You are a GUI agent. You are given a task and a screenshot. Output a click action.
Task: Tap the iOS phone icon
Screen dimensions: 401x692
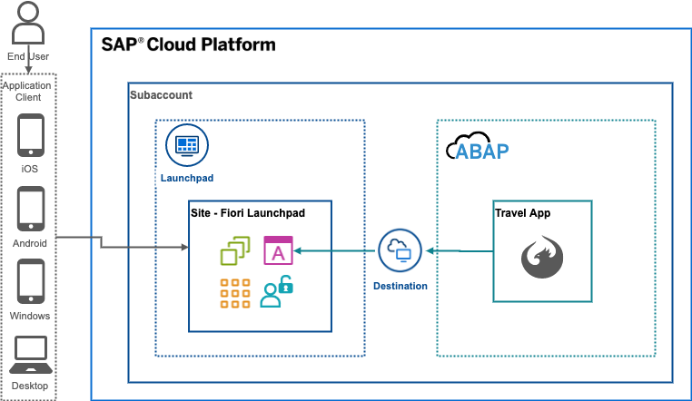[x=31, y=136]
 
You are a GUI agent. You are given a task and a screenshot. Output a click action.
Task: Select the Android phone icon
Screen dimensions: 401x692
[x=31, y=210]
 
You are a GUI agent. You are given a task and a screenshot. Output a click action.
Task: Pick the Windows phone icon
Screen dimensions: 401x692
[x=31, y=283]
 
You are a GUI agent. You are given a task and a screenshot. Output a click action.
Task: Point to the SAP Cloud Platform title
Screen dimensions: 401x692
[x=188, y=44]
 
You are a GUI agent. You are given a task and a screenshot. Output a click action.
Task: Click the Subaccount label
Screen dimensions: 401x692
[x=161, y=95]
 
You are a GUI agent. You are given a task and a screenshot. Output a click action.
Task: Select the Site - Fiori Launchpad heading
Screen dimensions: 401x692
[x=248, y=212]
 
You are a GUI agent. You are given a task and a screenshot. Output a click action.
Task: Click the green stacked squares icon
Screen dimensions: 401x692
[x=235, y=249]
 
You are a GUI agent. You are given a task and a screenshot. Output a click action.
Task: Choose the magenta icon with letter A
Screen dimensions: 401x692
[x=278, y=249]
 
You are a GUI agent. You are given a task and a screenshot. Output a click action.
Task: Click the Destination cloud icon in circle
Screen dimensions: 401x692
[x=400, y=249]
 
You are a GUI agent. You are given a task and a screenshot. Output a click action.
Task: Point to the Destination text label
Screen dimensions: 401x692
[x=400, y=286]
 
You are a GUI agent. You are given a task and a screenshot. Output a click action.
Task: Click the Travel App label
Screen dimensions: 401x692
[x=523, y=214]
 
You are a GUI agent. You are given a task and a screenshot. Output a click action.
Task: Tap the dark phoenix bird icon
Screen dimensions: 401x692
[x=542, y=258]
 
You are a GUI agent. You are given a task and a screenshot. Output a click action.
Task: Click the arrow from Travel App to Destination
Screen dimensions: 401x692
[x=460, y=250]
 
